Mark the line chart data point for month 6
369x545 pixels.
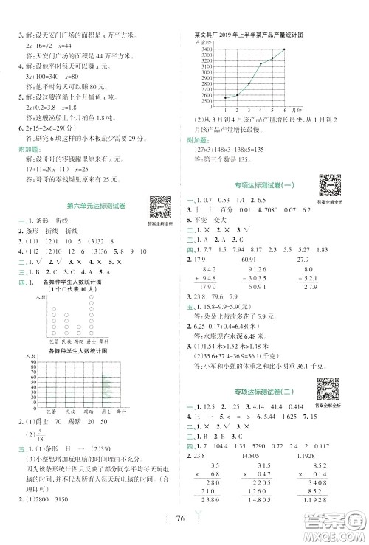pos(286,49)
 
